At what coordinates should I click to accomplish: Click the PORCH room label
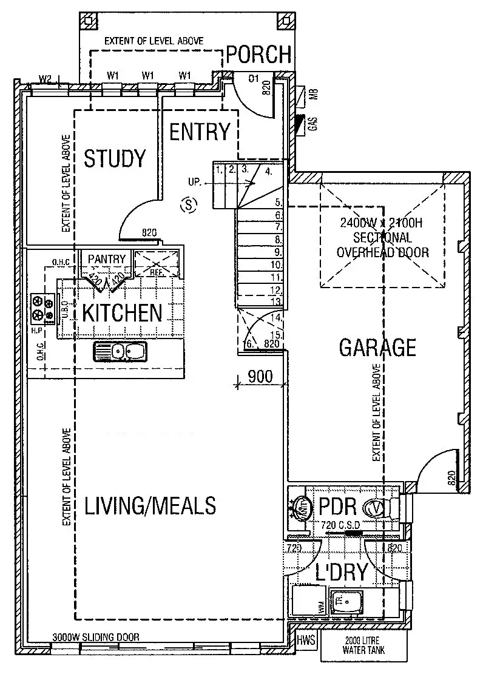pyautogui.click(x=259, y=55)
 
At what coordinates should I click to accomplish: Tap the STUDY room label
pyautogui.click(x=115, y=158)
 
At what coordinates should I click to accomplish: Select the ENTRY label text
pyautogui.click(x=200, y=132)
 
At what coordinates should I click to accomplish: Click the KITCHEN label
pyautogui.click(x=123, y=313)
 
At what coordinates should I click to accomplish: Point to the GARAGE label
pyautogui.click(x=377, y=348)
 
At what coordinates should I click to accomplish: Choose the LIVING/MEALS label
pyautogui.click(x=150, y=505)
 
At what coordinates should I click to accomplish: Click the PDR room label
pyautogui.click(x=333, y=506)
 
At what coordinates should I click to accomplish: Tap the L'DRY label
pyautogui.click(x=342, y=572)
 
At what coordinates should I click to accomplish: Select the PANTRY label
pyautogui.click(x=106, y=260)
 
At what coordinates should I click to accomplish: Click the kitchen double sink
pyautogui.click(x=120, y=351)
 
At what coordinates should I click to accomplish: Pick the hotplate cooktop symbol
pyautogui.click(x=42, y=308)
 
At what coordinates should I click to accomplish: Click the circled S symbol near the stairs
pyautogui.click(x=189, y=205)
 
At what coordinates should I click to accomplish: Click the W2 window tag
pyautogui.click(x=45, y=78)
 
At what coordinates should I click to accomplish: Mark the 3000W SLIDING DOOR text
pyautogui.click(x=96, y=638)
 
